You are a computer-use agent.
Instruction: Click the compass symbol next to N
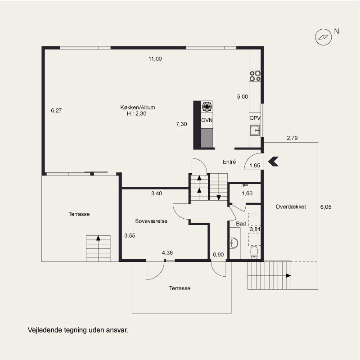tap(323, 37)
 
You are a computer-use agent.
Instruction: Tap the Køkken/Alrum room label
tap(138, 108)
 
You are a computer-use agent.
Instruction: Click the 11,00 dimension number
tap(155, 59)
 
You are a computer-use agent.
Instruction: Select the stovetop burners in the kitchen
tap(255, 76)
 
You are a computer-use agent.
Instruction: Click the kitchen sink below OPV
tap(255, 130)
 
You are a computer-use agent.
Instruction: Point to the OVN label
tap(207, 120)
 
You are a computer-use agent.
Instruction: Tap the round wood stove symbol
tap(207, 106)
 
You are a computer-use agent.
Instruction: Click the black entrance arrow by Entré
tap(273, 162)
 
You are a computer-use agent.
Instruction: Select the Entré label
tap(229, 162)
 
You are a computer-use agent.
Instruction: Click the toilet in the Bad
tap(254, 252)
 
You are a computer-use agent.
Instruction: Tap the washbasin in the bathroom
tap(234, 243)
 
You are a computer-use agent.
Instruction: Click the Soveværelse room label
tap(151, 221)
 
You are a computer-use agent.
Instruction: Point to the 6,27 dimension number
tap(56, 110)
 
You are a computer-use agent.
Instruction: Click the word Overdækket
tap(291, 207)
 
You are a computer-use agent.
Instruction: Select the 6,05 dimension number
tap(326, 207)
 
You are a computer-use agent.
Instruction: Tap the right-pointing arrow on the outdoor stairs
tap(288, 275)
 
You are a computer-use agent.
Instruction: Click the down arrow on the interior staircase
tap(219, 198)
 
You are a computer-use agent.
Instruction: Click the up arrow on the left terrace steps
tap(98, 238)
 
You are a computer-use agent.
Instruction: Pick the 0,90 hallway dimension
tap(218, 254)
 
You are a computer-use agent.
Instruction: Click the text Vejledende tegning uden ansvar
tap(78, 330)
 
